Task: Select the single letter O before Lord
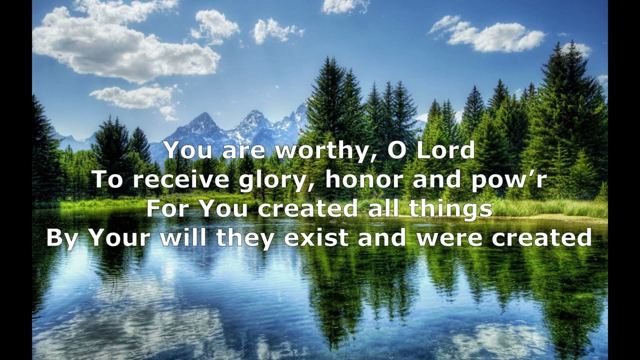397,150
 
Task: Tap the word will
184,237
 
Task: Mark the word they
244,238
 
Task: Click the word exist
316,237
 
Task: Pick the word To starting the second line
107,179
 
